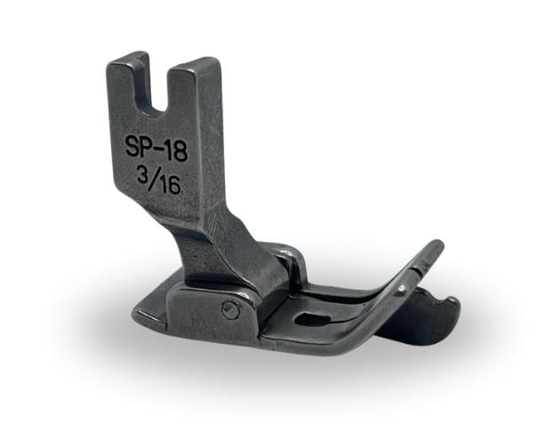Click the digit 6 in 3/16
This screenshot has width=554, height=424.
click(x=173, y=184)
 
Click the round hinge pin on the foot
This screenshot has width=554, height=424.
click(x=229, y=308)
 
